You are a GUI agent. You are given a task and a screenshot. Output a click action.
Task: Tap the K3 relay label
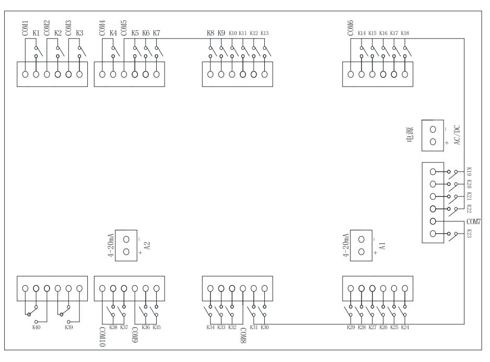(x=79, y=33)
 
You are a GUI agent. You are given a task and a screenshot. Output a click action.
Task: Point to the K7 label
(x=156, y=33)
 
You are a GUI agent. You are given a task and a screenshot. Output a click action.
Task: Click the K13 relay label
(x=264, y=33)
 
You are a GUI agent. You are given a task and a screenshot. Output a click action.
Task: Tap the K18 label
(x=405, y=33)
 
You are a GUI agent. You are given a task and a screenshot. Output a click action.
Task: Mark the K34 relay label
(x=211, y=328)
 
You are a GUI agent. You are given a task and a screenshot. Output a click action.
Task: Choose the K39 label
(x=68, y=328)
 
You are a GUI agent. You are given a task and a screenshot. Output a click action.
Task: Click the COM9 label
(x=135, y=336)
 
